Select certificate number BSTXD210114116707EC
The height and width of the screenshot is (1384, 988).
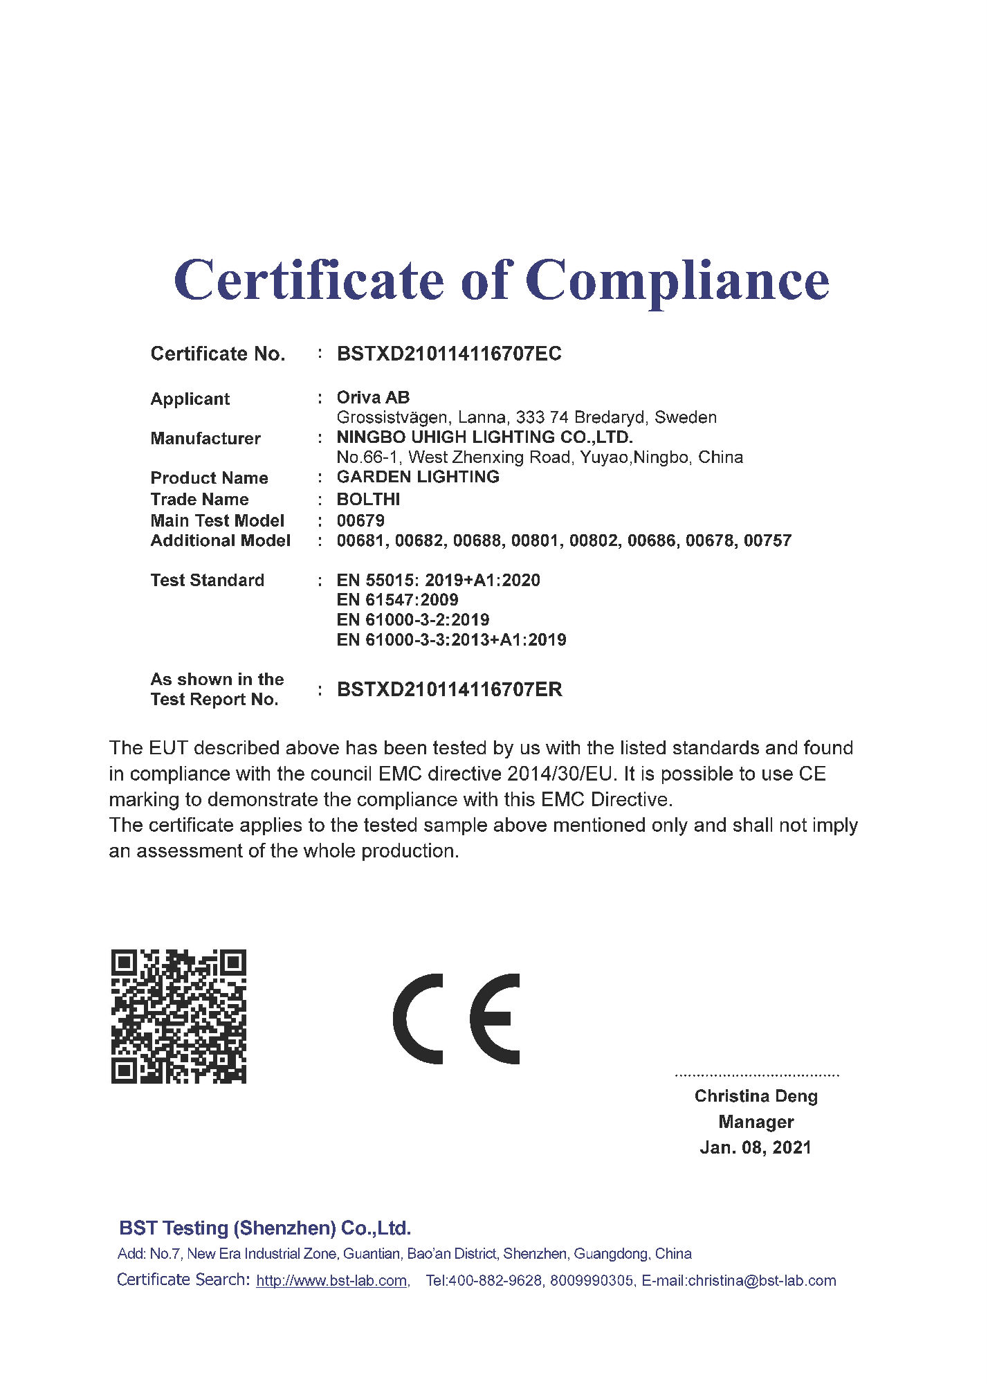pyautogui.click(x=449, y=354)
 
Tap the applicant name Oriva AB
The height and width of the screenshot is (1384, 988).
pyautogui.click(x=373, y=397)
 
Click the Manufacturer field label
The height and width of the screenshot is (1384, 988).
pyautogui.click(x=205, y=438)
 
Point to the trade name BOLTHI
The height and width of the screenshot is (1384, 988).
pyautogui.click(x=368, y=499)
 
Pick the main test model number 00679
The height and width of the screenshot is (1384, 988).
pyautogui.click(x=360, y=520)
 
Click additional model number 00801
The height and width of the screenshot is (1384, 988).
pyautogui.click(x=535, y=540)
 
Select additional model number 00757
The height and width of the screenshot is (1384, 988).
pyautogui.click(x=767, y=540)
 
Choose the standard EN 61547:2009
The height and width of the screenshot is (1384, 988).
pyautogui.click(x=397, y=599)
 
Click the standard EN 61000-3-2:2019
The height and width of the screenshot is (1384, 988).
pyautogui.click(x=413, y=619)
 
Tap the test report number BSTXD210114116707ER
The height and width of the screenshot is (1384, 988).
pyautogui.click(x=449, y=689)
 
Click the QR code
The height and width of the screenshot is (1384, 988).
pyautogui.click(x=179, y=1016)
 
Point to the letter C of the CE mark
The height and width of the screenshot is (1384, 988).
pyautogui.click(x=418, y=1019)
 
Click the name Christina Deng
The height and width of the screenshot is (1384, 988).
pyautogui.click(x=756, y=1096)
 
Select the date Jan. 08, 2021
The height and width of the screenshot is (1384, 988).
pyautogui.click(x=756, y=1147)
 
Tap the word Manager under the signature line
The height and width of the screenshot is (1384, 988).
pyautogui.click(x=756, y=1122)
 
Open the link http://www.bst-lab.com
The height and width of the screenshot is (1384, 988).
pyautogui.click(x=331, y=1281)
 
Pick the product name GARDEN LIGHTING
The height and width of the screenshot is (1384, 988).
pyautogui.click(x=418, y=477)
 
